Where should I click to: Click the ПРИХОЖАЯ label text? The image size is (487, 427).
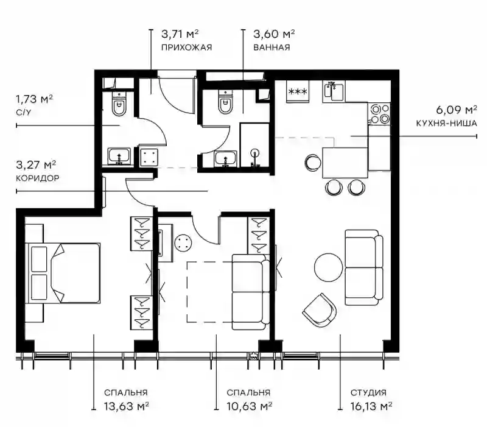[186, 48]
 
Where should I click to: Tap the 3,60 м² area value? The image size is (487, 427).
[274, 34]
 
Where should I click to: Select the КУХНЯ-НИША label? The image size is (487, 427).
[446, 124]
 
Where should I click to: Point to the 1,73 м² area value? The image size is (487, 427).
[34, 99]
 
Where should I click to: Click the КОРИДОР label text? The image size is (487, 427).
[38, 178]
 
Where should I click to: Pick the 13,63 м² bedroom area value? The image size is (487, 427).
[126, 406]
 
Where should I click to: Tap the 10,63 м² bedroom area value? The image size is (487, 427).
[250, 406]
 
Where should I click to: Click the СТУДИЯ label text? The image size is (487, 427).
[368, 393]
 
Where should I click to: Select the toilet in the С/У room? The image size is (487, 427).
[119, 103]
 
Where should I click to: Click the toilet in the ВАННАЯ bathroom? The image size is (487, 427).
[225, 102]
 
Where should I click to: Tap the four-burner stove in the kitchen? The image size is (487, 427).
[379, 114]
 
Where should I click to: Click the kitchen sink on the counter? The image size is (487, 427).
[334, 91]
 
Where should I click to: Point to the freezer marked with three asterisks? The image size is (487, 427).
[298, 92]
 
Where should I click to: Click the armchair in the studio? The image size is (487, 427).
[319, 309]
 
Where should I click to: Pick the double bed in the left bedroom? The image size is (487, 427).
[65, 273]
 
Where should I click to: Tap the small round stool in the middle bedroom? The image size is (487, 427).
[183, 242]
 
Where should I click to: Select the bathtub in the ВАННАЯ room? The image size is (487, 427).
[254, 146]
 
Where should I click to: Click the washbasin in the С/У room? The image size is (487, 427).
[119, 157]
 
